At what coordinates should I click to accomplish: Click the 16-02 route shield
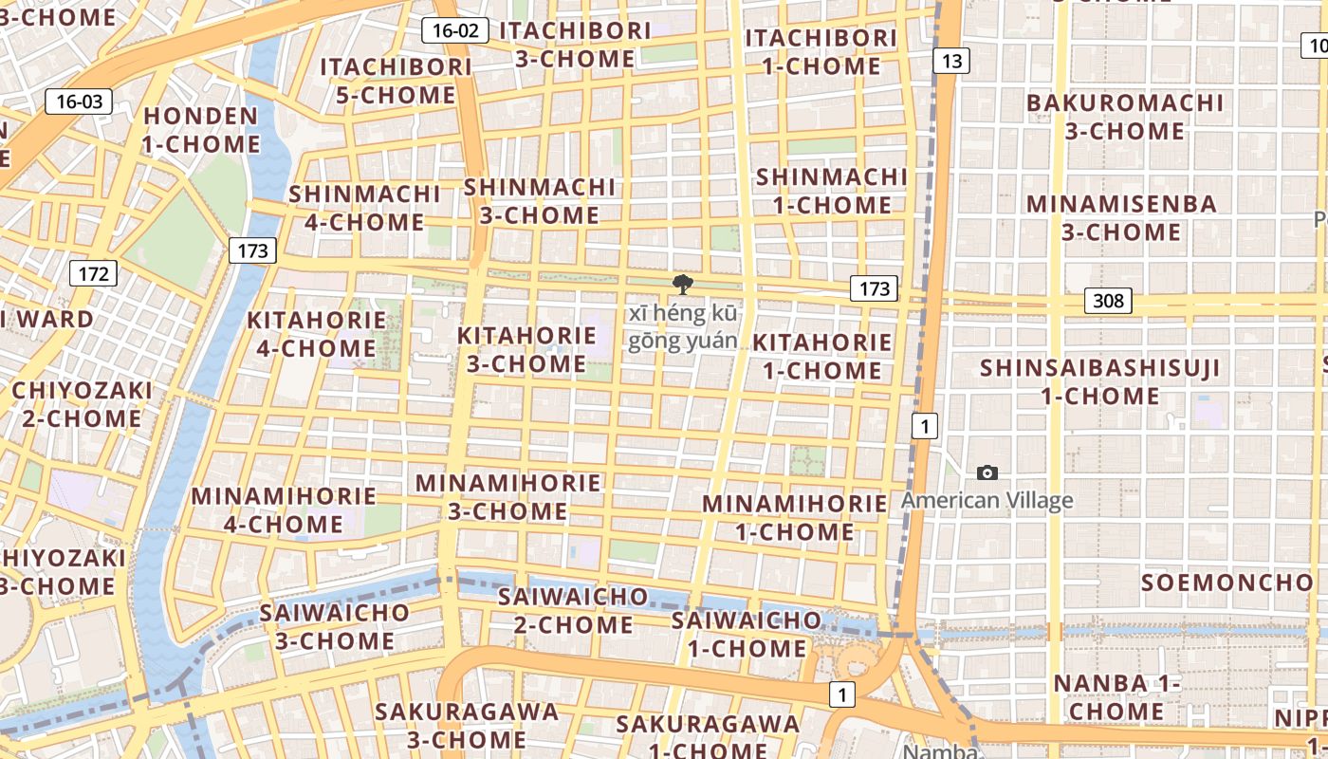point(455,30)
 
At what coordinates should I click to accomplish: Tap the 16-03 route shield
point(79,102)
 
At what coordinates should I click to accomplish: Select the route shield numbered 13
point(951,62)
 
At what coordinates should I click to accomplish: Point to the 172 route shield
point(93,274)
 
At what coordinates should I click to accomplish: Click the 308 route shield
point(1107,302)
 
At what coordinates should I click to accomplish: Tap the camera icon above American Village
point(987,472)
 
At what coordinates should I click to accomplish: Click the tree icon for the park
point(680,284)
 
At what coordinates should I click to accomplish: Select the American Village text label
point(987,500)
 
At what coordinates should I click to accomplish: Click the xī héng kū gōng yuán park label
point(682,326)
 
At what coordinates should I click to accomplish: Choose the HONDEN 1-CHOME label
point(200,130)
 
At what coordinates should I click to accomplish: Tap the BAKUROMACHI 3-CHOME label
point(1125,117)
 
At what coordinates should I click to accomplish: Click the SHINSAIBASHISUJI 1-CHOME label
point(1100,381)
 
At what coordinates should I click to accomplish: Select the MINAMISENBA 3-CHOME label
point(1121,217)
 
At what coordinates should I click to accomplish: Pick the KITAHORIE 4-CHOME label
point(317,334)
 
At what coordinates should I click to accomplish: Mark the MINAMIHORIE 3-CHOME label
point(508,496)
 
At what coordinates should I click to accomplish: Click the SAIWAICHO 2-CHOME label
point(573,611)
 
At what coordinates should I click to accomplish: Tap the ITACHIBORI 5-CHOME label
point(396,81)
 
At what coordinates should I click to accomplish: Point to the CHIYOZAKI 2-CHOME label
point(82,404)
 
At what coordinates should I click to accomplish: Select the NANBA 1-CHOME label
point(1116,696)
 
